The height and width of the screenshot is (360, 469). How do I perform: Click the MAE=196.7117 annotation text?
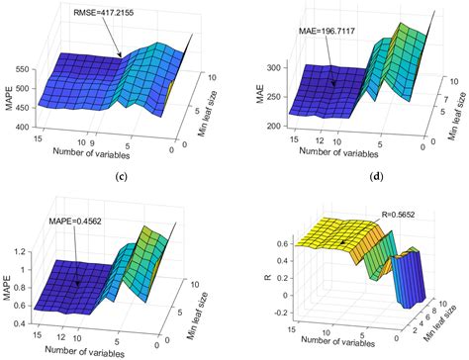click(x=334, y=31)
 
